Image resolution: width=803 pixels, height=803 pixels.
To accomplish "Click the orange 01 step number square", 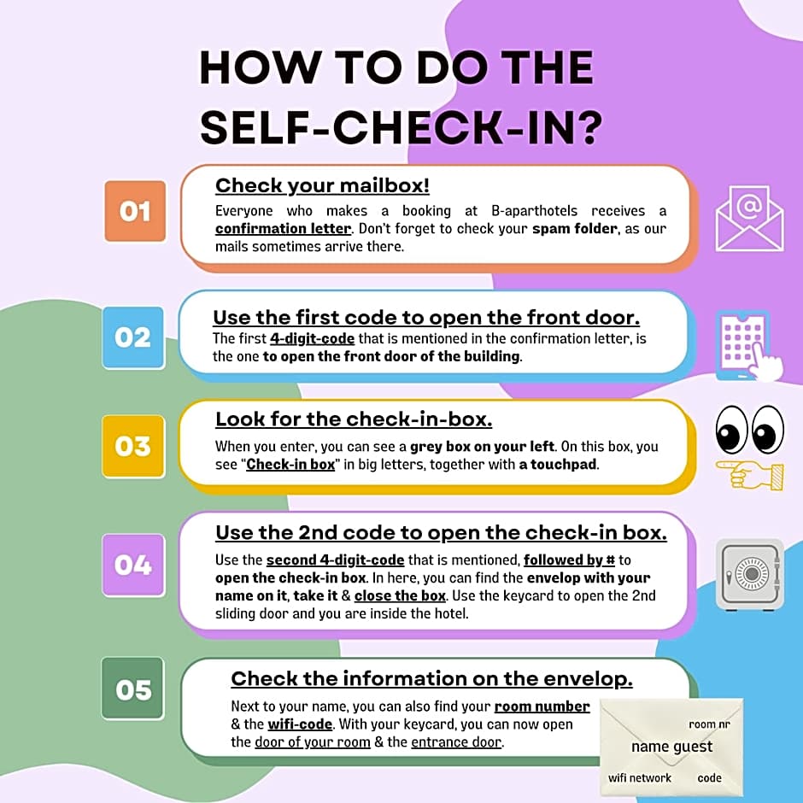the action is point(135,211).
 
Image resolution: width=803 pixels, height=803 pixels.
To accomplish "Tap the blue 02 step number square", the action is point(133,337).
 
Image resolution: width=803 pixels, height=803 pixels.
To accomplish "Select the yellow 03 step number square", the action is point(133,446).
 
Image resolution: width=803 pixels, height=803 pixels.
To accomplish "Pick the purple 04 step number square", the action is point(133,565).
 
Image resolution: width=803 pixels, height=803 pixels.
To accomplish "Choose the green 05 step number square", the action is point(133,689).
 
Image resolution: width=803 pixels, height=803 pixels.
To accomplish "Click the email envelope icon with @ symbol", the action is point(750,219).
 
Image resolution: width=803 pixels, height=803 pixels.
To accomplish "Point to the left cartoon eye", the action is point(732,430).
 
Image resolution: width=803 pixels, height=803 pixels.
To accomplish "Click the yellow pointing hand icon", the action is point(750,475).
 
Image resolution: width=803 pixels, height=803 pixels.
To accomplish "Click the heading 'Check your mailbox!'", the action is point(322,186).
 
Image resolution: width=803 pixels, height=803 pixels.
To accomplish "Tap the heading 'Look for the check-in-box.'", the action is point(354,419).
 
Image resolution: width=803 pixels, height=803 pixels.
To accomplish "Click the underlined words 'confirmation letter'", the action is point(284,228).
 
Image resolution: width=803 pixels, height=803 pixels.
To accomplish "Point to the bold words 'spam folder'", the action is point(575,228).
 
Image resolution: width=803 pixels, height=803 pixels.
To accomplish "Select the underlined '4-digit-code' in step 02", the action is point(313,338).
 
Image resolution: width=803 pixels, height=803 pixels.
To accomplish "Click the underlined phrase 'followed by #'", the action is point(569,560).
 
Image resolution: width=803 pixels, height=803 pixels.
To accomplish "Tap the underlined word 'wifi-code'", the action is point(300,724).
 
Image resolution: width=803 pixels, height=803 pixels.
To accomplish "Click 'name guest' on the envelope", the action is point(672,747).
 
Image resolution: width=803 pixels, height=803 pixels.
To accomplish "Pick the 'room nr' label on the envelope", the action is point(709,724).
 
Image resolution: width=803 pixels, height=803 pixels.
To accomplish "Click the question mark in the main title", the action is point(588,126).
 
